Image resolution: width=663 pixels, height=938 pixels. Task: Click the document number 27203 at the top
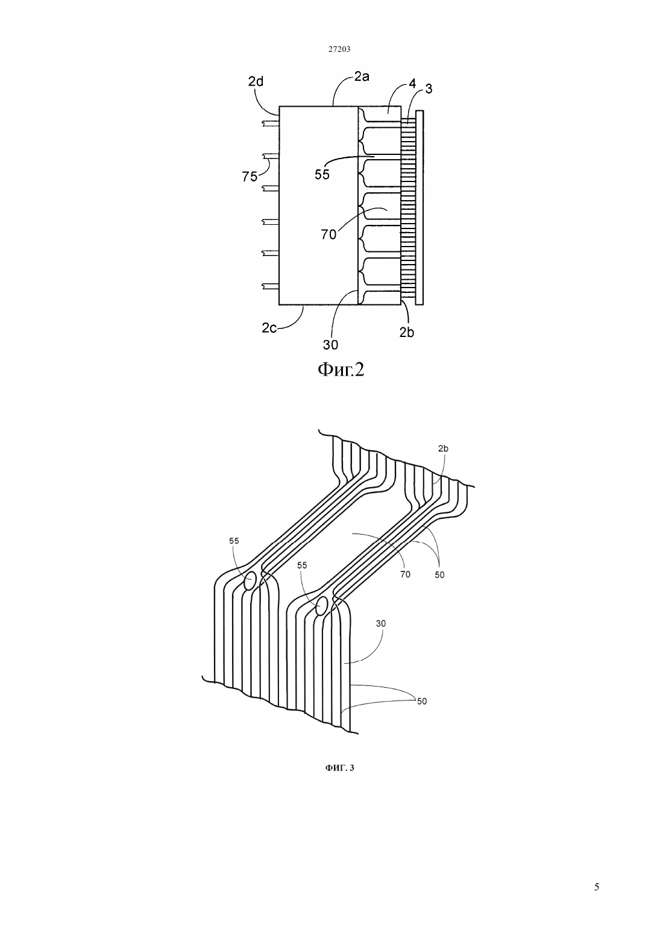pos(339,49)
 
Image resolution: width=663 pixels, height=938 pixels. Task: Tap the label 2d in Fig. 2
pos(256,81)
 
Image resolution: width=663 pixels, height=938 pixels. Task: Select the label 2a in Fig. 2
pos(362,77)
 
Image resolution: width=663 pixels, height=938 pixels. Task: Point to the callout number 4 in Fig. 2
pos(412,84)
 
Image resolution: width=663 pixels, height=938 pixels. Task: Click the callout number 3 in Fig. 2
pos(429,89)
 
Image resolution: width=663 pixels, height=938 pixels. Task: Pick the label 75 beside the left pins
pos(250,177)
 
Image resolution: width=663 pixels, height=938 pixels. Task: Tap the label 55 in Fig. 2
pos(322,174)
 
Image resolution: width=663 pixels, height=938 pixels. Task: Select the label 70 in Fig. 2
pos(328,234)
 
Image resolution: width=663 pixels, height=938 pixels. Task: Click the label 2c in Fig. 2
pos(269,328)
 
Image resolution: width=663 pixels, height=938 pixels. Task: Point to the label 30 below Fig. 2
pos(330,345)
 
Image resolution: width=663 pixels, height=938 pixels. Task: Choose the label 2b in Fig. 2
pos(406,332)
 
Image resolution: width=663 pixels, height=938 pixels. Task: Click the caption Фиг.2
pos(341,370)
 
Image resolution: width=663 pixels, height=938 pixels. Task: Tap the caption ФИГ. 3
pos(339,767)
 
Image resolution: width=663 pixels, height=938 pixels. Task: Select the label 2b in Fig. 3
pos(443,449)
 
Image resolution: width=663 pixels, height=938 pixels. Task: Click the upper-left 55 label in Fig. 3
pos(234,541)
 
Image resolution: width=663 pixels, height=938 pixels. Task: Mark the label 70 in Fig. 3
pos(405,574)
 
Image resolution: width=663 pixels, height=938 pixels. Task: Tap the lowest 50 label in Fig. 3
pos(422,701)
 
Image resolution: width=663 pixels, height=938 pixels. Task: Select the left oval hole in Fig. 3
pos(250,581)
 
